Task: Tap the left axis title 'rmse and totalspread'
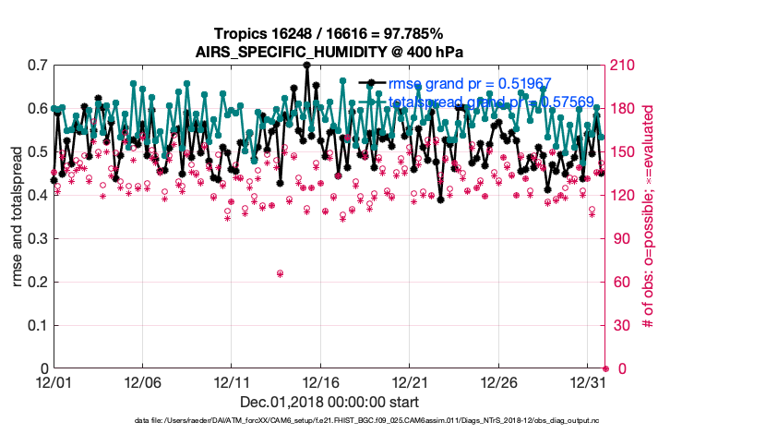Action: click(19, 217)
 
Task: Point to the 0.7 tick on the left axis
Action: click(38, 66)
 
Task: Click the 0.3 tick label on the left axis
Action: click(38, 239)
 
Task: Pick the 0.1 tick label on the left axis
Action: click(38, 326)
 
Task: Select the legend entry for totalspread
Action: click(489, 102)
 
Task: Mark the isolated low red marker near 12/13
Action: click(280, 273)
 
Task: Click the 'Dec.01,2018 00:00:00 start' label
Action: click(329, 402)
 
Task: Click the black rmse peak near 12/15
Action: click(306, 66)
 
